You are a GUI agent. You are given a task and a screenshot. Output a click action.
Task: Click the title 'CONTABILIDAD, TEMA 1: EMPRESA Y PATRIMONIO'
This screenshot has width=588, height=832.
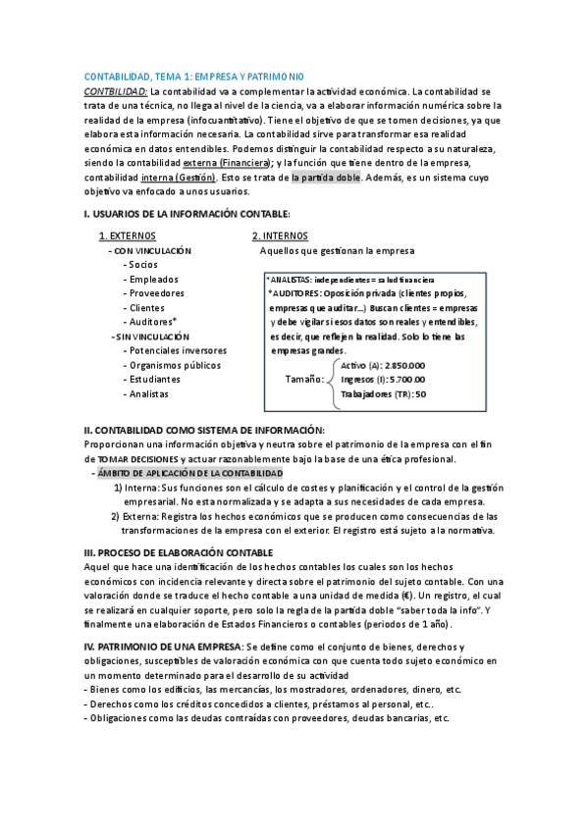[x=194, y=77]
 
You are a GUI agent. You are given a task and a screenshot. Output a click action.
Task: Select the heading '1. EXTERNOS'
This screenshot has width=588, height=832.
[x=128, y=236]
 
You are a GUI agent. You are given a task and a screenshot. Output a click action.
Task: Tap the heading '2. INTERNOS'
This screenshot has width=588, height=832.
[x=280, y=236]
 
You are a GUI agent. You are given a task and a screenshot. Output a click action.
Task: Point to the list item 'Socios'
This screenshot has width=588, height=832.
[x=142, y=265]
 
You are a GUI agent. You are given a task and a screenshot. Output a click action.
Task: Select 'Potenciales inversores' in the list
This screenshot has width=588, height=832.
[x=175, y=350]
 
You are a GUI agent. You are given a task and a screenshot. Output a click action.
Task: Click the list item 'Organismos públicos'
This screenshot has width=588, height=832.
[x=172, y=365]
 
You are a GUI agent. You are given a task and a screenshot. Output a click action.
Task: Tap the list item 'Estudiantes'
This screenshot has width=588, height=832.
[x=152, y=379]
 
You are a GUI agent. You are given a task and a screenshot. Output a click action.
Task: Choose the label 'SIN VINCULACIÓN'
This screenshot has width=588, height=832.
[x=151, y=337]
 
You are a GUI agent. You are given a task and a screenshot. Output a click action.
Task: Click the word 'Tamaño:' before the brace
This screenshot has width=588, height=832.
[x=304, y=379]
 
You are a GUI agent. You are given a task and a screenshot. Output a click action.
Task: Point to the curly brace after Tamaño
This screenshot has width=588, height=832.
[x=332, y=379]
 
